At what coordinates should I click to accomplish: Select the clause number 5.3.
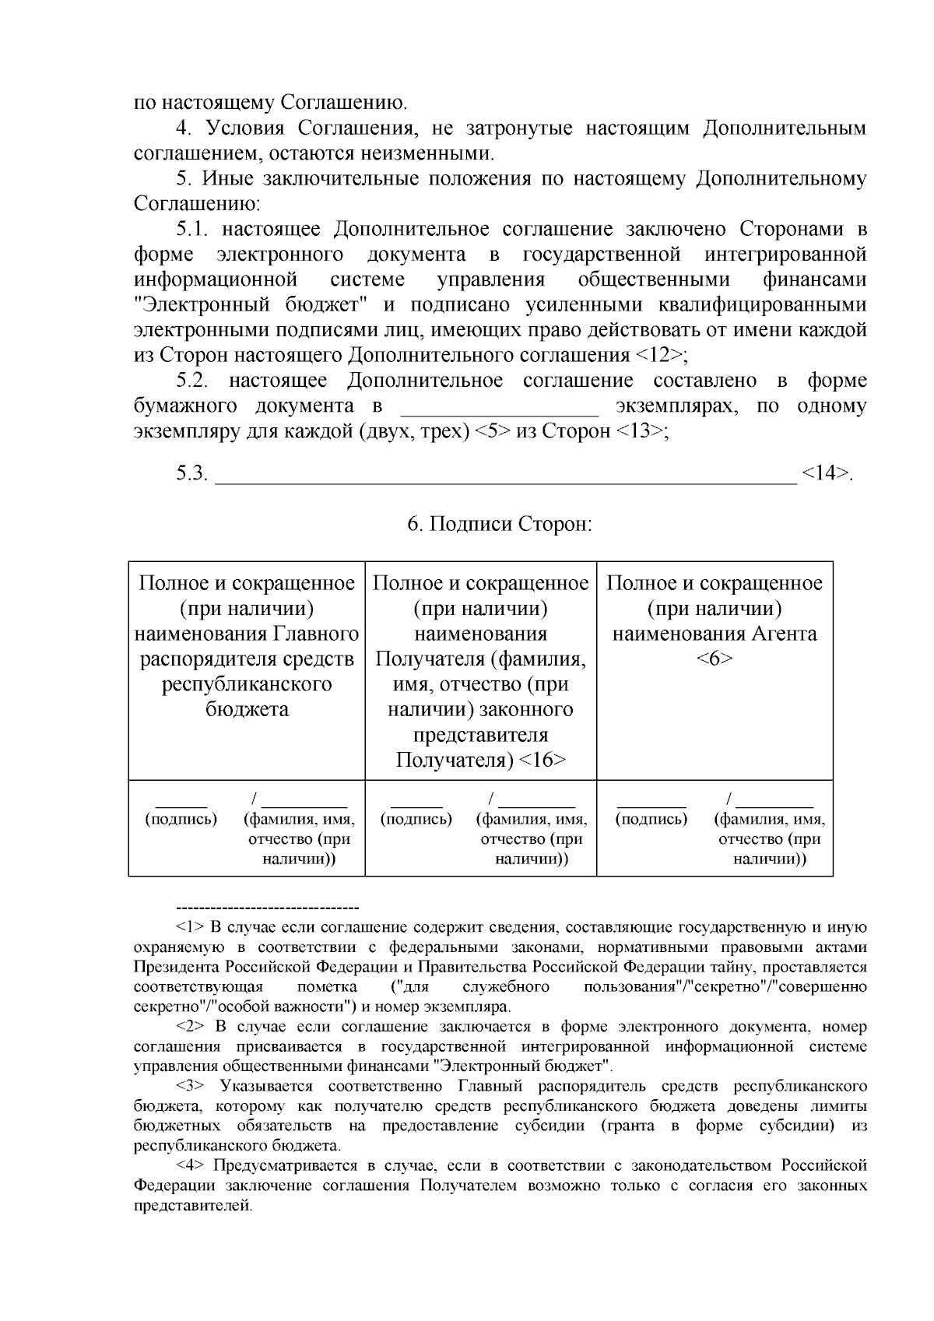click(x=192, y=473)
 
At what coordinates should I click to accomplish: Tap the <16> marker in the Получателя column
click(x=542, y=760)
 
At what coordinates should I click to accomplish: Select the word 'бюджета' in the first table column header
click(x=247, y=709)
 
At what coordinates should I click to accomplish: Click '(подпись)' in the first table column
click(x=181, y=819)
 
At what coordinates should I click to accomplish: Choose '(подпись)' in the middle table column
click(x=416, y=819)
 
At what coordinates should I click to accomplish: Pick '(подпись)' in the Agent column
click(x=651, y=819)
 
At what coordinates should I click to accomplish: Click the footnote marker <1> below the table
click(x=190, y=927)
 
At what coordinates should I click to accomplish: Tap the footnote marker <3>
click(x=190, y=1086)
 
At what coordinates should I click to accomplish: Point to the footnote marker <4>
click(x=190, y=1165)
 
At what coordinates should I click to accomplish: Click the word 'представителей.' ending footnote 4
click(x=193, y=1206)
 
